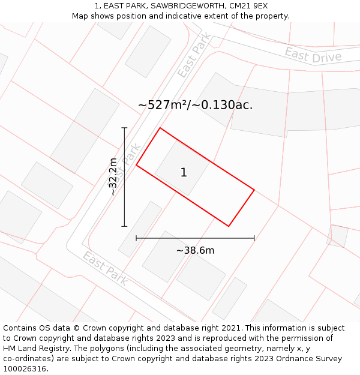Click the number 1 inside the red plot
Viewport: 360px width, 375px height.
(184, 173)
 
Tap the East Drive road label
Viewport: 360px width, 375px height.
(313, 56)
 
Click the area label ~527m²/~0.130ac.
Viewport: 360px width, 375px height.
(195, 104)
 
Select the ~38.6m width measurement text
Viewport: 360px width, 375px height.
(195, 250)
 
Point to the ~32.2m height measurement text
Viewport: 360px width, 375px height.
(113, 176)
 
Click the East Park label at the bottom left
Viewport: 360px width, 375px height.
(105, 268)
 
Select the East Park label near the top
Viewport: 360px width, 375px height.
(194, 55)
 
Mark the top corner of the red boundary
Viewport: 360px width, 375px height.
(160, 128)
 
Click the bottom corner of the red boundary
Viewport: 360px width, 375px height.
(229, 226)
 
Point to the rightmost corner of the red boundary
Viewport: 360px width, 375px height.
(254, 190)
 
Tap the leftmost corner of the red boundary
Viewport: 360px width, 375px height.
(136, 165)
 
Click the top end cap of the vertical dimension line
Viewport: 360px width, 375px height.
(124, 128)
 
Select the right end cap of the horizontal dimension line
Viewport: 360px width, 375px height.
(254, 238)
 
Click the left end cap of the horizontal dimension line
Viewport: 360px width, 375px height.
(136, 238)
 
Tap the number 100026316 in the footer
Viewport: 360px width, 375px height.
(25, 369)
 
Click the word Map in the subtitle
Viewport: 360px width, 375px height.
(80, 16)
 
